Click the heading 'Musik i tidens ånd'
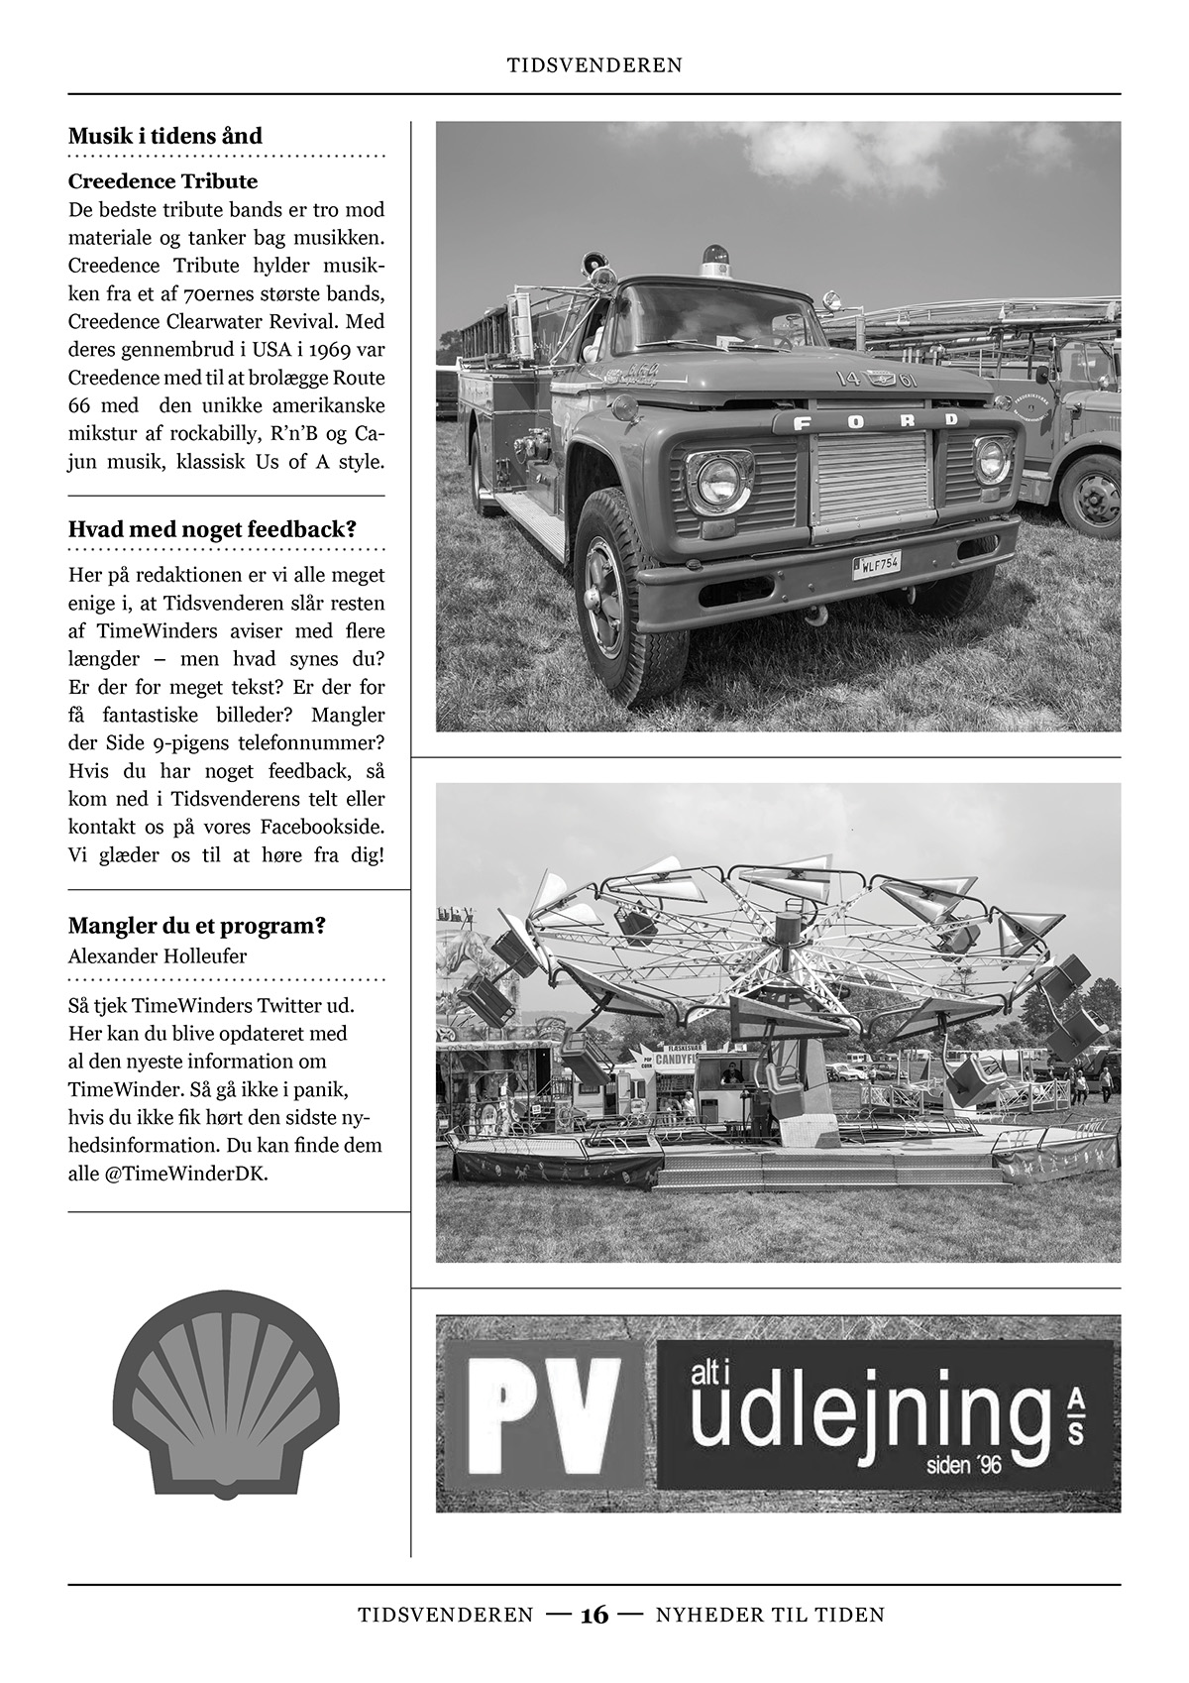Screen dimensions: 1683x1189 164,136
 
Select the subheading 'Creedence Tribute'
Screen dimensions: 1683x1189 162,181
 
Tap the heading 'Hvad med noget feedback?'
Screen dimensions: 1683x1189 212,529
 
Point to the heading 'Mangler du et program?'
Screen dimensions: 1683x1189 197,926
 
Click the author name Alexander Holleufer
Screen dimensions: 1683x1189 158,956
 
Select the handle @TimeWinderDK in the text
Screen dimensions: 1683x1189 185,1174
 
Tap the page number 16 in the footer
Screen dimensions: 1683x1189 594,1615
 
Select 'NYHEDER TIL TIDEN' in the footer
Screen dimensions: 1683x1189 770,1615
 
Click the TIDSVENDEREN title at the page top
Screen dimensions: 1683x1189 594,65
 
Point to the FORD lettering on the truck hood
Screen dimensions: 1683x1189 867,423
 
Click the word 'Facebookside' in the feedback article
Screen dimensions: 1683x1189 322,826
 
